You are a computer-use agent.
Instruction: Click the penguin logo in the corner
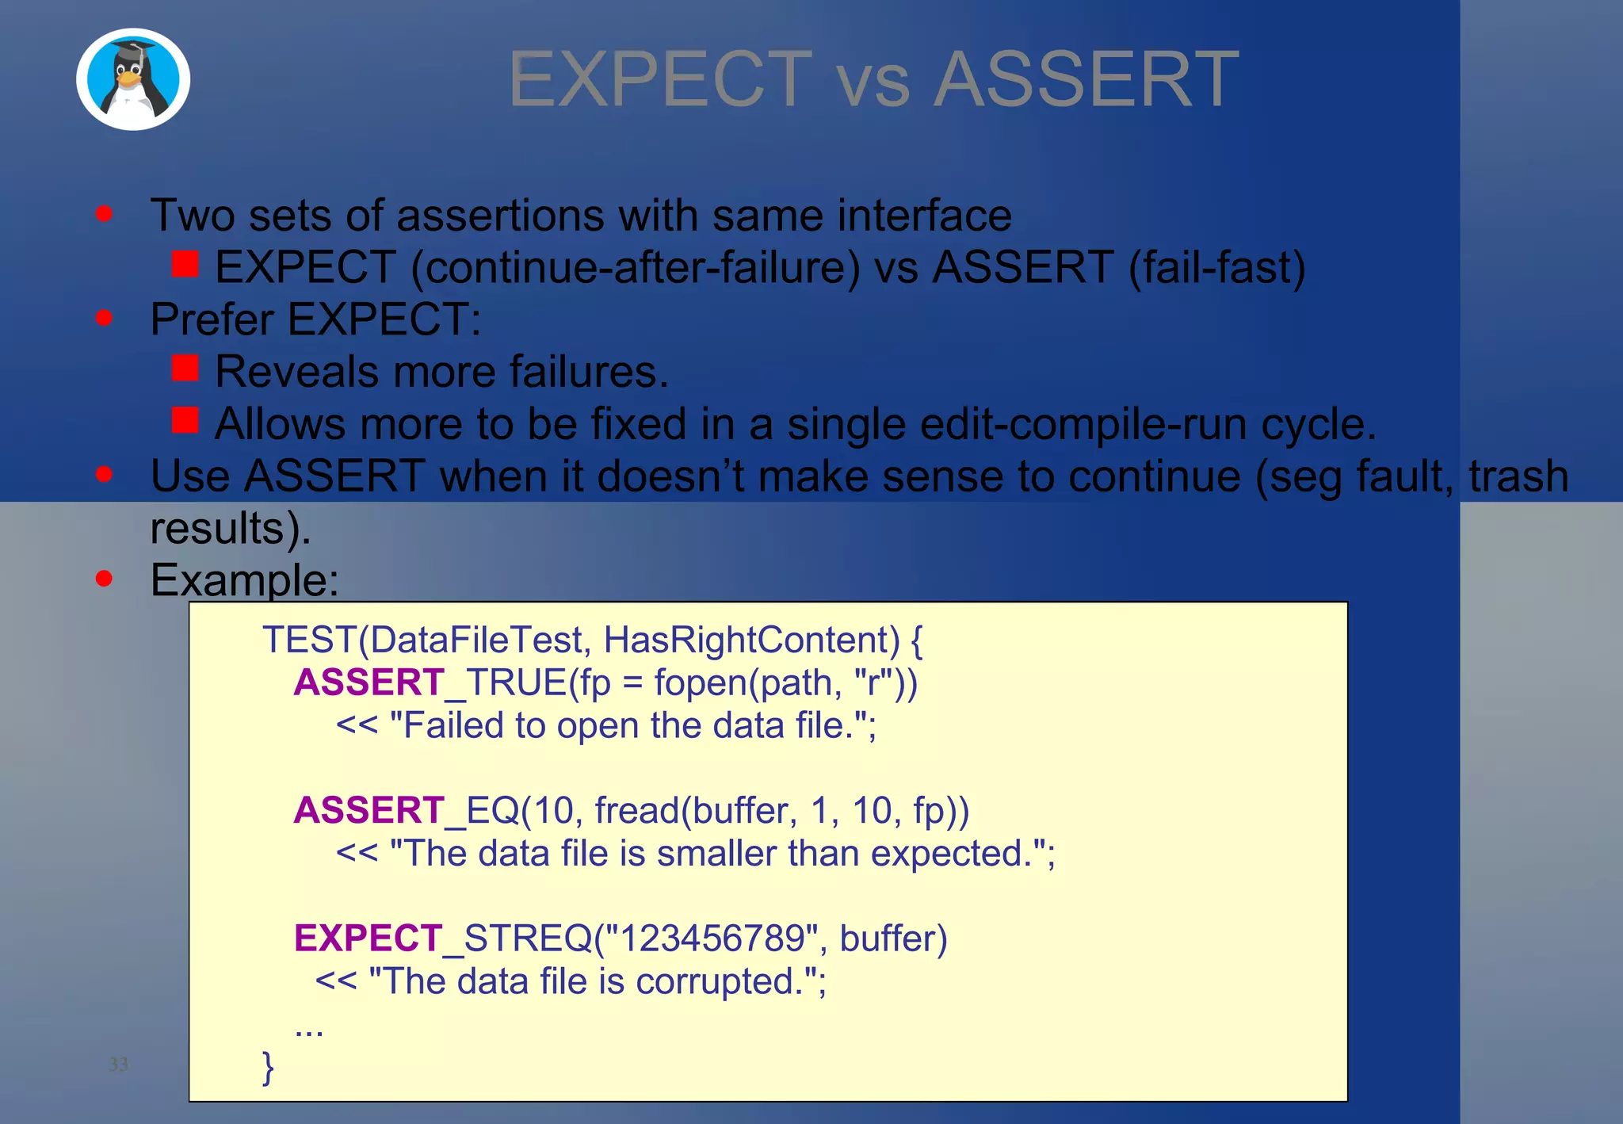tap(133, 79)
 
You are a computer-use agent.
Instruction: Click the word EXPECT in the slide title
tap(660, 79)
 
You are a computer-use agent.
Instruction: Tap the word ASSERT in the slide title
tap(1086, 79)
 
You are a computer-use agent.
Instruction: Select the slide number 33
tap(118, 1064)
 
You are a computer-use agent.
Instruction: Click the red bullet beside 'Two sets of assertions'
tap(104, 213)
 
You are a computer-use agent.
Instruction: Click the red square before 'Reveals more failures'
tap(185, 368)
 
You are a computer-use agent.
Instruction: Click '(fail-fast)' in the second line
tap(1216, 268)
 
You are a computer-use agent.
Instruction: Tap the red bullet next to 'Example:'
tap(104, 578)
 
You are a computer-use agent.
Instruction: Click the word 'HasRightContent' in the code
tap(751, 640)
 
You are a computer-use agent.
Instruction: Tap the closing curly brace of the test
tap(268, 1067)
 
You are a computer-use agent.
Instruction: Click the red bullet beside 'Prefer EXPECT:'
tap(104, 318)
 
